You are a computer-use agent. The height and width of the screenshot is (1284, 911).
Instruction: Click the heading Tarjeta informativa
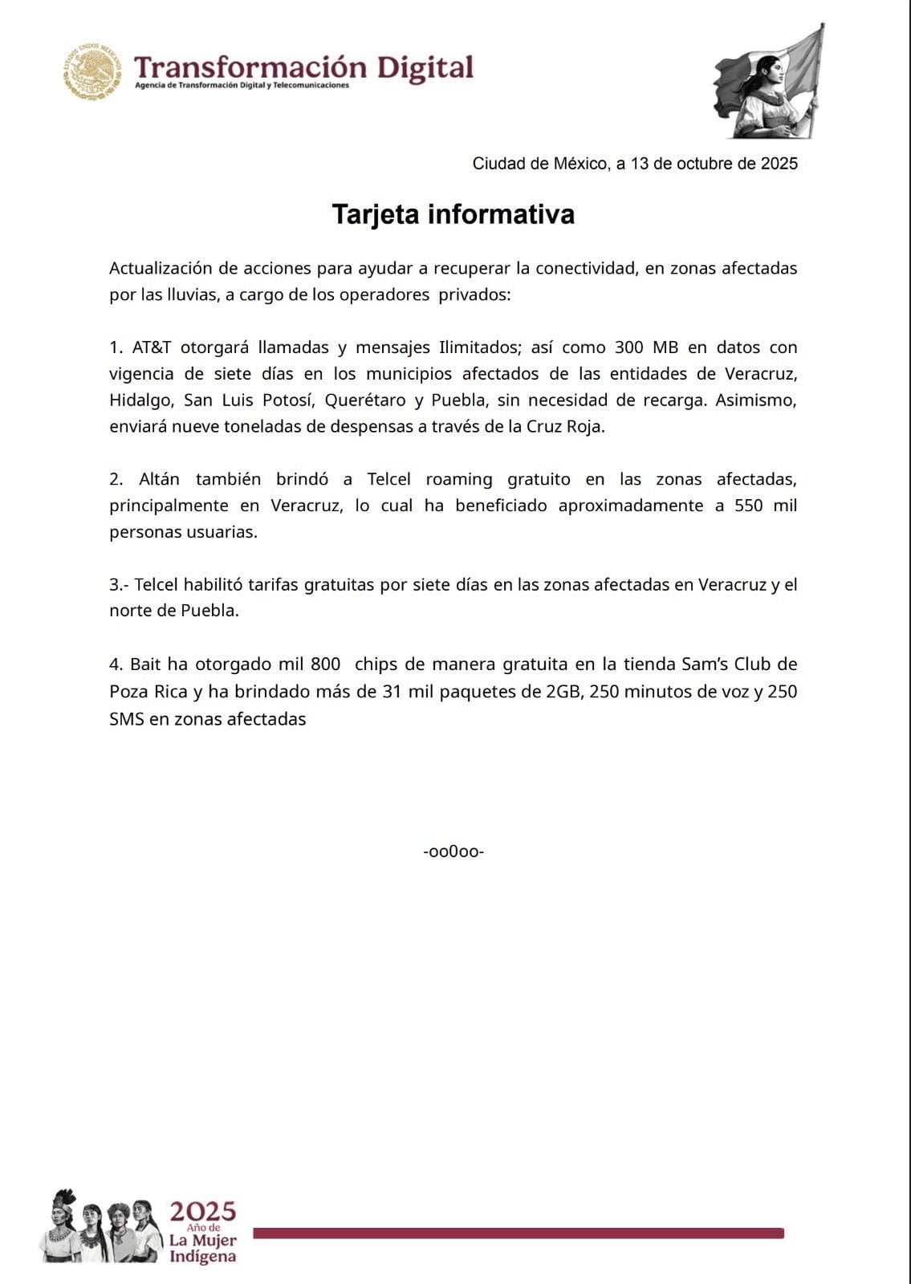click(453, 214)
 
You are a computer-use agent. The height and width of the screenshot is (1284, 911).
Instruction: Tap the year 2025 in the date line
click(779, 164)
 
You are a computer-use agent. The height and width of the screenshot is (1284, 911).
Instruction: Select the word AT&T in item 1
click(151, 347)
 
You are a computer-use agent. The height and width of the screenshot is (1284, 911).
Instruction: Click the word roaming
click(459, 479)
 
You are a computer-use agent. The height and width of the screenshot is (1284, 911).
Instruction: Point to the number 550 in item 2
click(748, 506)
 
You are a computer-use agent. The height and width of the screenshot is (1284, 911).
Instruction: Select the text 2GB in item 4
click(563, 691)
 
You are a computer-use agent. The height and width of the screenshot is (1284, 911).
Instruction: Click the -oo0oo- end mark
click(453, 851)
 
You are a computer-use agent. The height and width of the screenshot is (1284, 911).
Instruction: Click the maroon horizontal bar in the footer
click(519, 1233)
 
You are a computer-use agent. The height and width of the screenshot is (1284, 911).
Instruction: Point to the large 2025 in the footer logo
click(202, 1211)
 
